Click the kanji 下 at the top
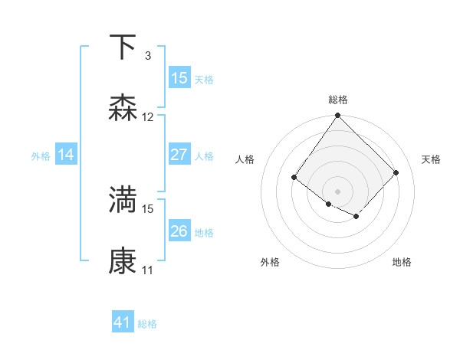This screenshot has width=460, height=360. point(123,47)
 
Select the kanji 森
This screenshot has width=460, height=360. point(123,108)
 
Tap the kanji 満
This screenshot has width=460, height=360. point(123,200)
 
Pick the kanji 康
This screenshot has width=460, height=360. point(123,261)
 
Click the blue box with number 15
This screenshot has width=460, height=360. point(179,78)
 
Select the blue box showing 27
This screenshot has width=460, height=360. point(179,155)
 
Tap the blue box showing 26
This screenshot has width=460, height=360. point(179,231)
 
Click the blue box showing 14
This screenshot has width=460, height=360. point(66,155)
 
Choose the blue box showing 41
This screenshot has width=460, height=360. point(123,322)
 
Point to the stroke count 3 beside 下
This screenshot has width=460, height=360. point(147,56)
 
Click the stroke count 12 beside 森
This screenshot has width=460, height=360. point(148,117)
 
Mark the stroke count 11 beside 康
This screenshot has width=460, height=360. point(148,270)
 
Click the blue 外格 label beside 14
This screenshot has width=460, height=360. point(41,155)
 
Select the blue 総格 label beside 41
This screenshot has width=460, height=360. point(147,324)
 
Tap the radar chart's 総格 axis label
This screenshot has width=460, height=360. point(337,100)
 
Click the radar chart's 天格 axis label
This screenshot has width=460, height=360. point(431,159)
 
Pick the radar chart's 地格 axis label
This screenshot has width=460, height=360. point(402,263)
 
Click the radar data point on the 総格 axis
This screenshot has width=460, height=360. point(337,116)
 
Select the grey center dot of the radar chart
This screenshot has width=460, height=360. point(337,191)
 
